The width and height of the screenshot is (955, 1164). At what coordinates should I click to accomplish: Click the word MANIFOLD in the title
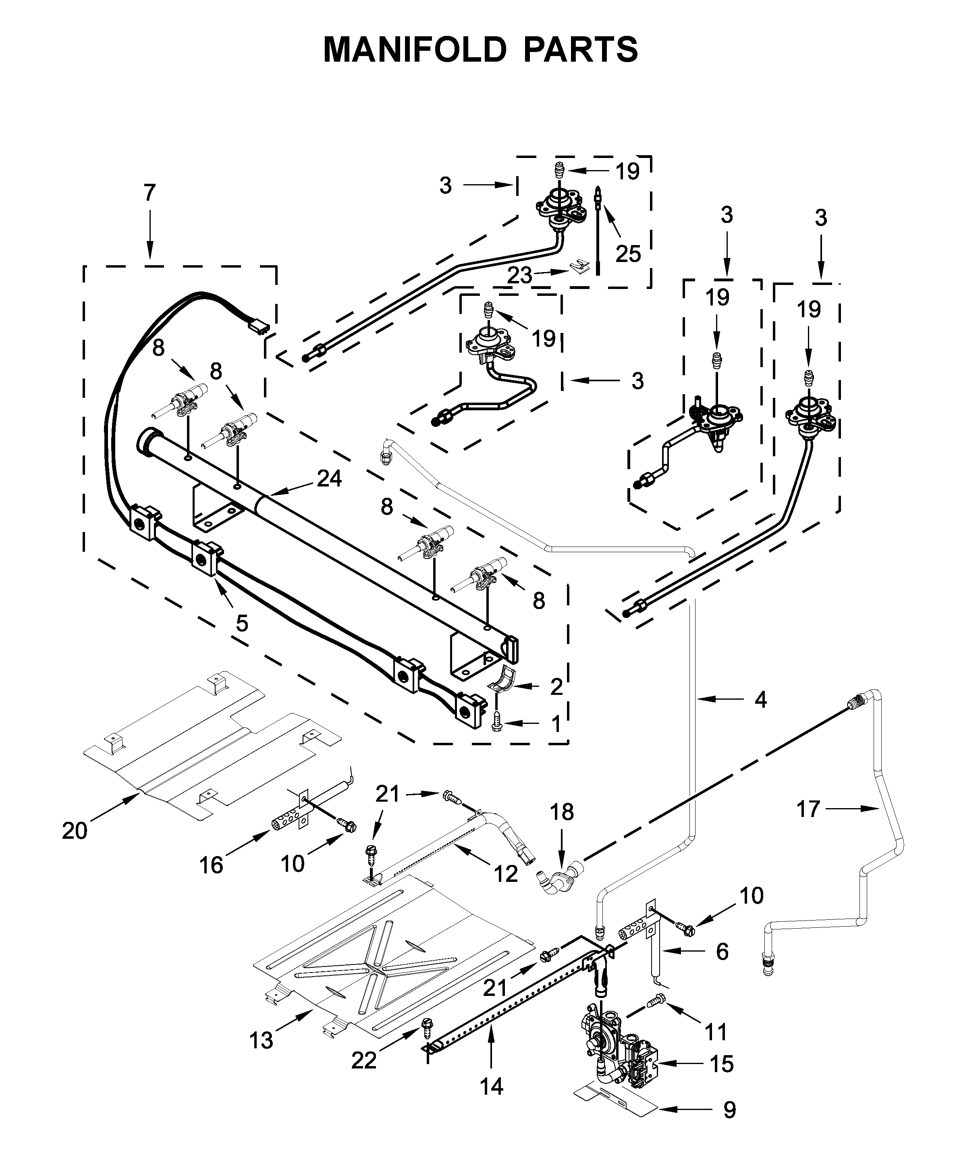[414, 50]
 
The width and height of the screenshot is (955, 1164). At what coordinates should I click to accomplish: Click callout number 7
[149, 193]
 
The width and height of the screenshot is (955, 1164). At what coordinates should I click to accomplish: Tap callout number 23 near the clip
[520, 275]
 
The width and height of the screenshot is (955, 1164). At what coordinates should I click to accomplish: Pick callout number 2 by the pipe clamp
[556, 687]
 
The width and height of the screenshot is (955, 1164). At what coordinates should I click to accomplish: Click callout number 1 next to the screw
[556, 724]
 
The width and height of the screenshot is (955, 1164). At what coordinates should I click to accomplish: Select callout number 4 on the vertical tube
[760, 700]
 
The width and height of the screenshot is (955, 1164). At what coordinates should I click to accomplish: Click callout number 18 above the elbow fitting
[562, 812]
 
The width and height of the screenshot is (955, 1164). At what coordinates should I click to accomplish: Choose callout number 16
[211, 865]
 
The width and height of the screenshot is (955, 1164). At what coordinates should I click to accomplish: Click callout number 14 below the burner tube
[491, 1087]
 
